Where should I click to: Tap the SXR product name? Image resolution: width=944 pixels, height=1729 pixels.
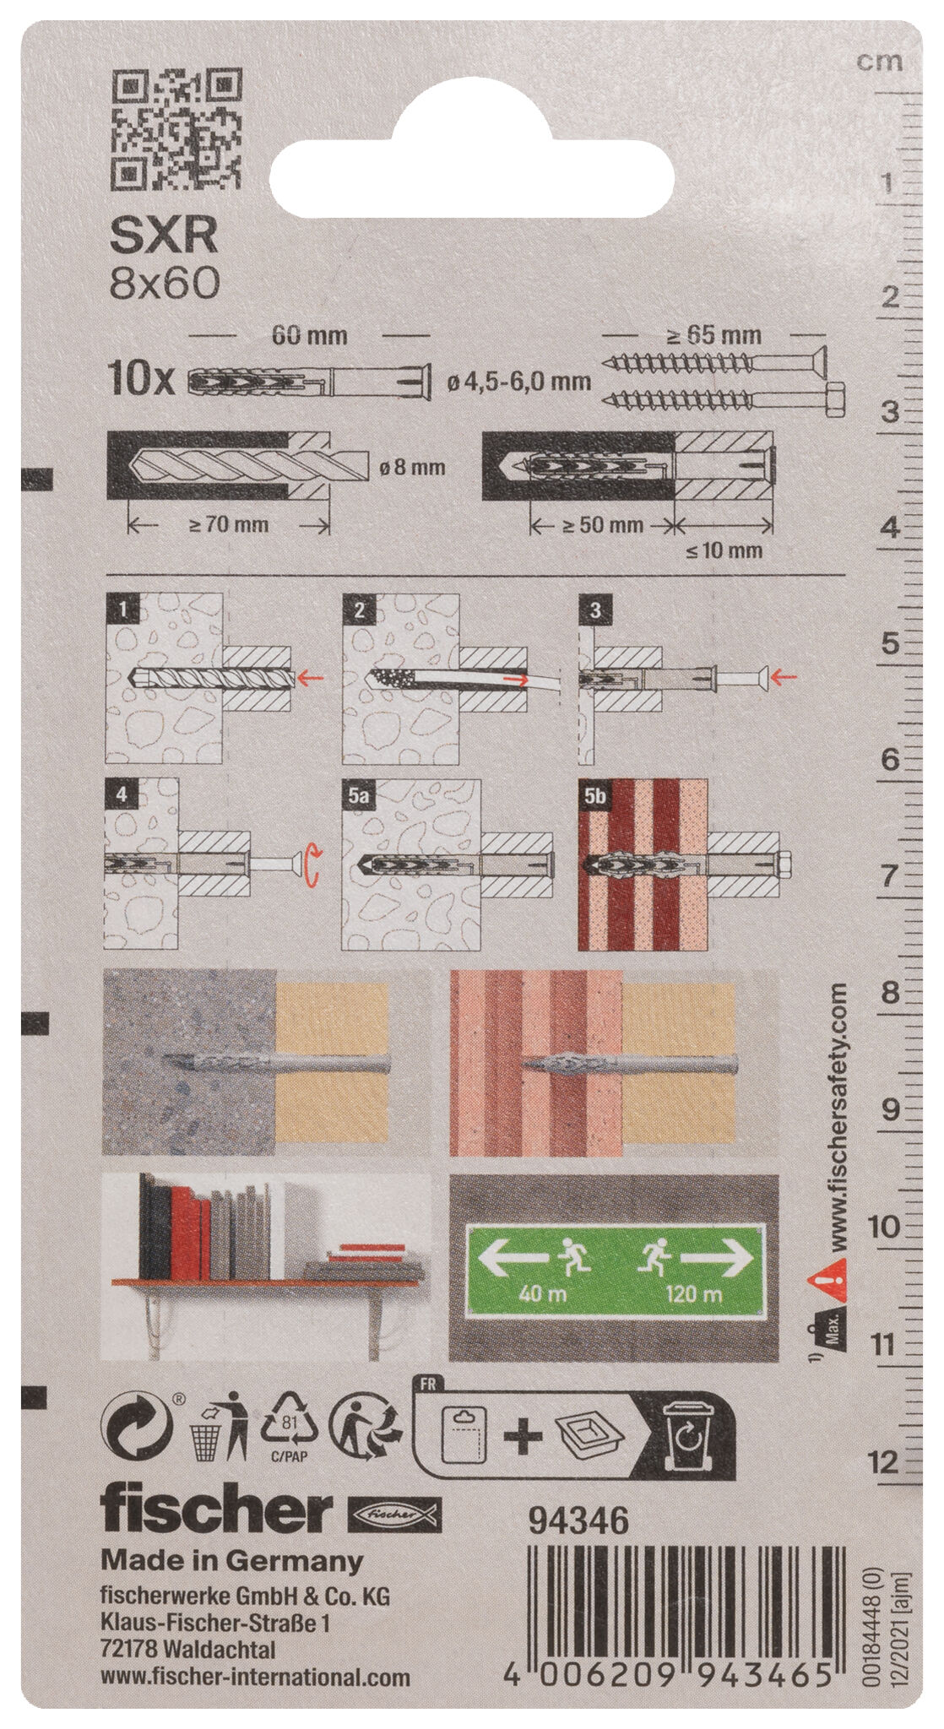tap(165, 237)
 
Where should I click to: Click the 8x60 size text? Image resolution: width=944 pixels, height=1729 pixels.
tap(165, 285)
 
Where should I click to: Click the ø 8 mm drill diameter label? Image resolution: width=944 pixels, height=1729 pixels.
tap(412, 466)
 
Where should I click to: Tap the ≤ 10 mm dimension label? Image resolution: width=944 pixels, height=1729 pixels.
tap(724, 551)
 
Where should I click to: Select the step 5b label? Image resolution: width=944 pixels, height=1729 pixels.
tap(595, 796)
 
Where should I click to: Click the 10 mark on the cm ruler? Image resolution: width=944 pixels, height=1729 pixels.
tap(885, 1226)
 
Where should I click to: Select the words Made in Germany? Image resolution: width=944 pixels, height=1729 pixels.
tap(232, 1561)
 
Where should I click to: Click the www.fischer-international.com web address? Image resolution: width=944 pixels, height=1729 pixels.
tap(256, 1677)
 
